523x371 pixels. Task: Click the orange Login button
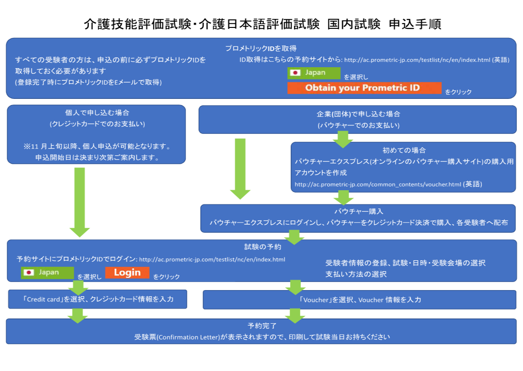coord(127,273)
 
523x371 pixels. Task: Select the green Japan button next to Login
coord(48,273)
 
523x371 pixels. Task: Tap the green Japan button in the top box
coord(314,73)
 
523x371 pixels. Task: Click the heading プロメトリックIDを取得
coord(261,48)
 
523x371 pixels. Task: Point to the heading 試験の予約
coord(261,247)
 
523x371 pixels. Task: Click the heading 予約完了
coord(261,326)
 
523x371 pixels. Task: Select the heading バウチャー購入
coord(358,212)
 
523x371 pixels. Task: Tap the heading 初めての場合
coord(404,150)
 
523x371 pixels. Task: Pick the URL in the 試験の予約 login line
coord(212,259)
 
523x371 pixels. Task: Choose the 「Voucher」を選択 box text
coord(360,300)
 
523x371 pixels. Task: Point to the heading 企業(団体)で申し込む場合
coord(358,114)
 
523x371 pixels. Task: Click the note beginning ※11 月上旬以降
coord(97,146)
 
